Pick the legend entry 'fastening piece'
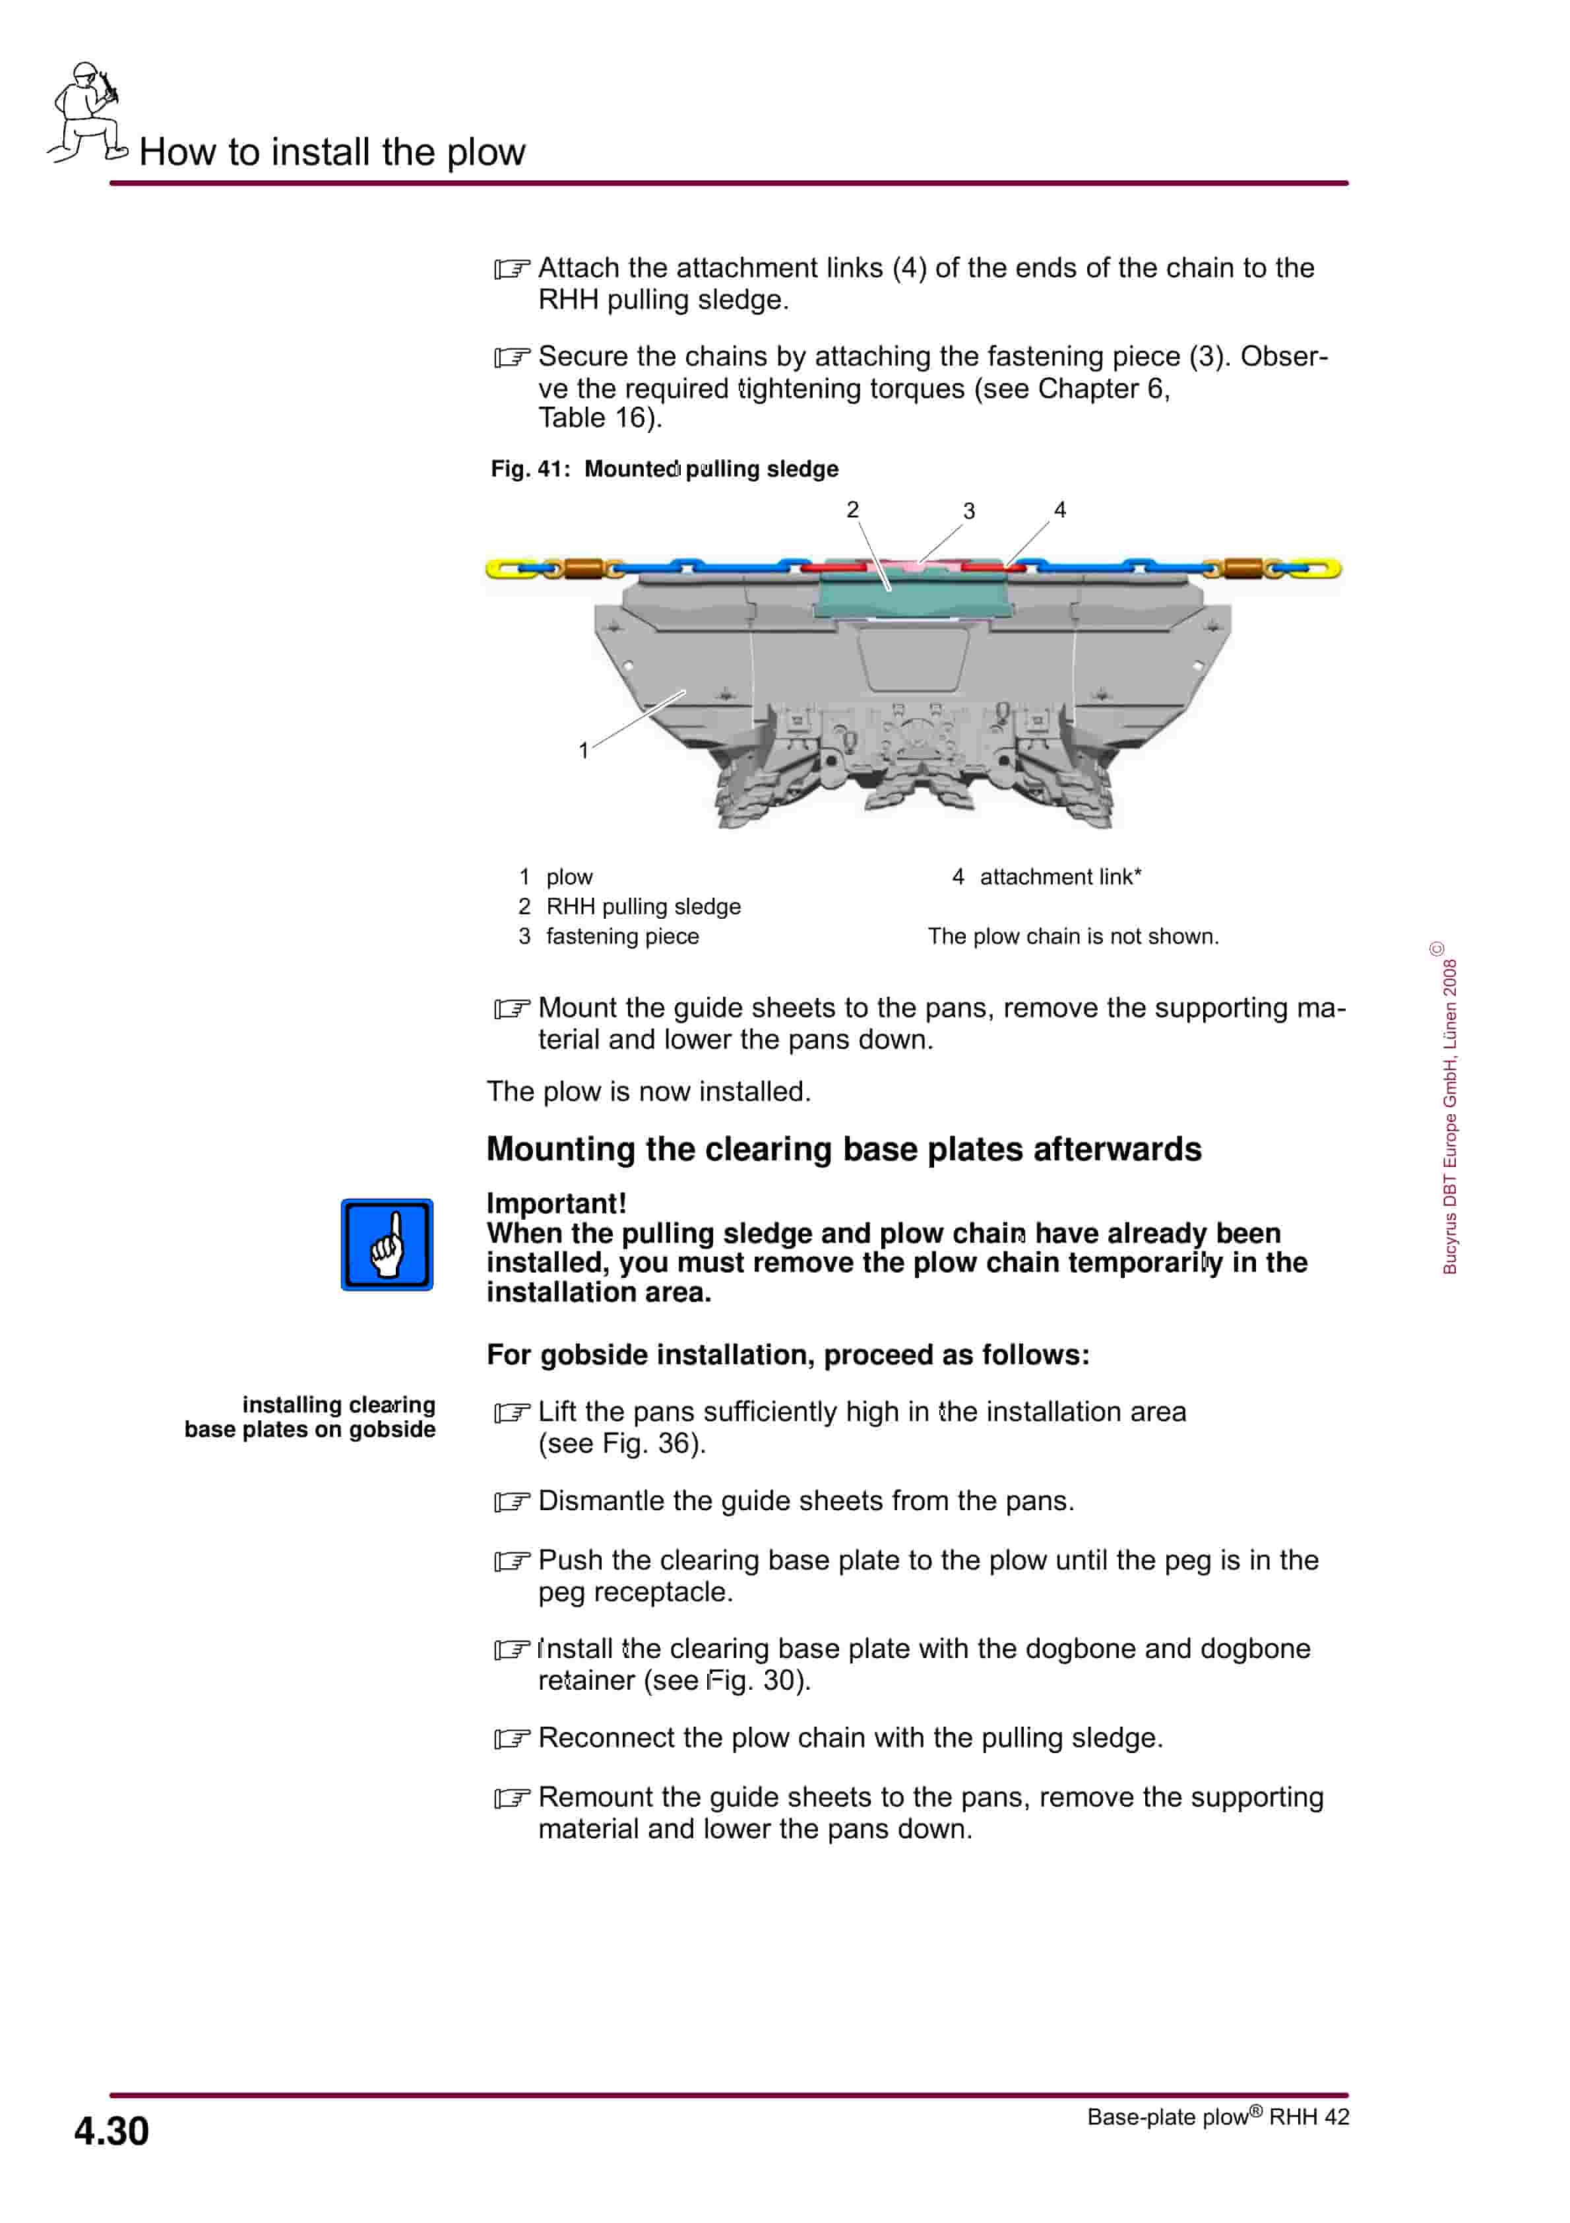coord(621,936)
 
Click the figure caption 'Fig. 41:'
coord(530,469)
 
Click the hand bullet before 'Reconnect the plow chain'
coord(511,1739)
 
